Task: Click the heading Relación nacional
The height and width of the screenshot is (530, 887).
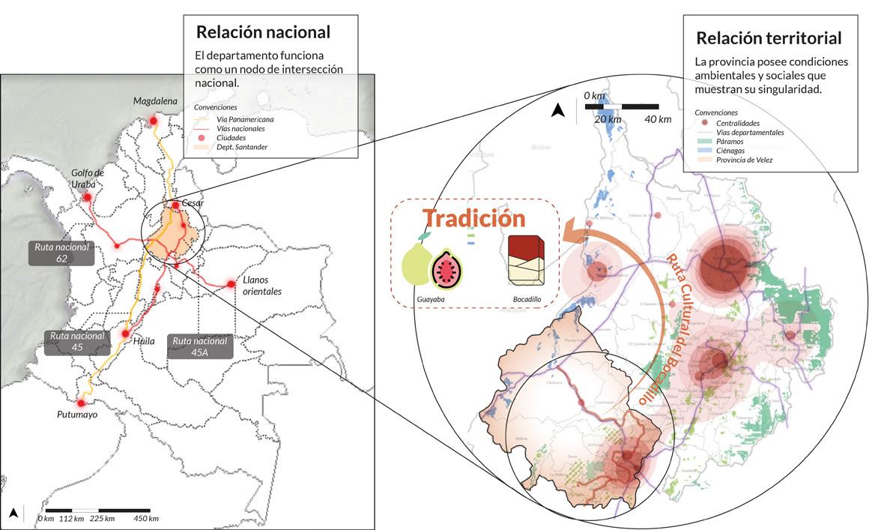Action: (263, 33)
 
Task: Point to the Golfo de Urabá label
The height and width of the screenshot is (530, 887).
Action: (88, 178)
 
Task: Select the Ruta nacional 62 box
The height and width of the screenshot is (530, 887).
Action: (61, 253)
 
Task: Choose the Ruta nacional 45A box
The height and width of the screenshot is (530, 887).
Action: (199, 346)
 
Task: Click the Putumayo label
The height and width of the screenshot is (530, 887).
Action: (77, 414)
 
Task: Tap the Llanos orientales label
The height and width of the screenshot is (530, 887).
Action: (261, 286)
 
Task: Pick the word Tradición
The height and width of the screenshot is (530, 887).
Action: (474, 218)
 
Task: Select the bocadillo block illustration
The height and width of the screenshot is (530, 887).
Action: (527, 261)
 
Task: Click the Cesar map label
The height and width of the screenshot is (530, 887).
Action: (193, 203)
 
